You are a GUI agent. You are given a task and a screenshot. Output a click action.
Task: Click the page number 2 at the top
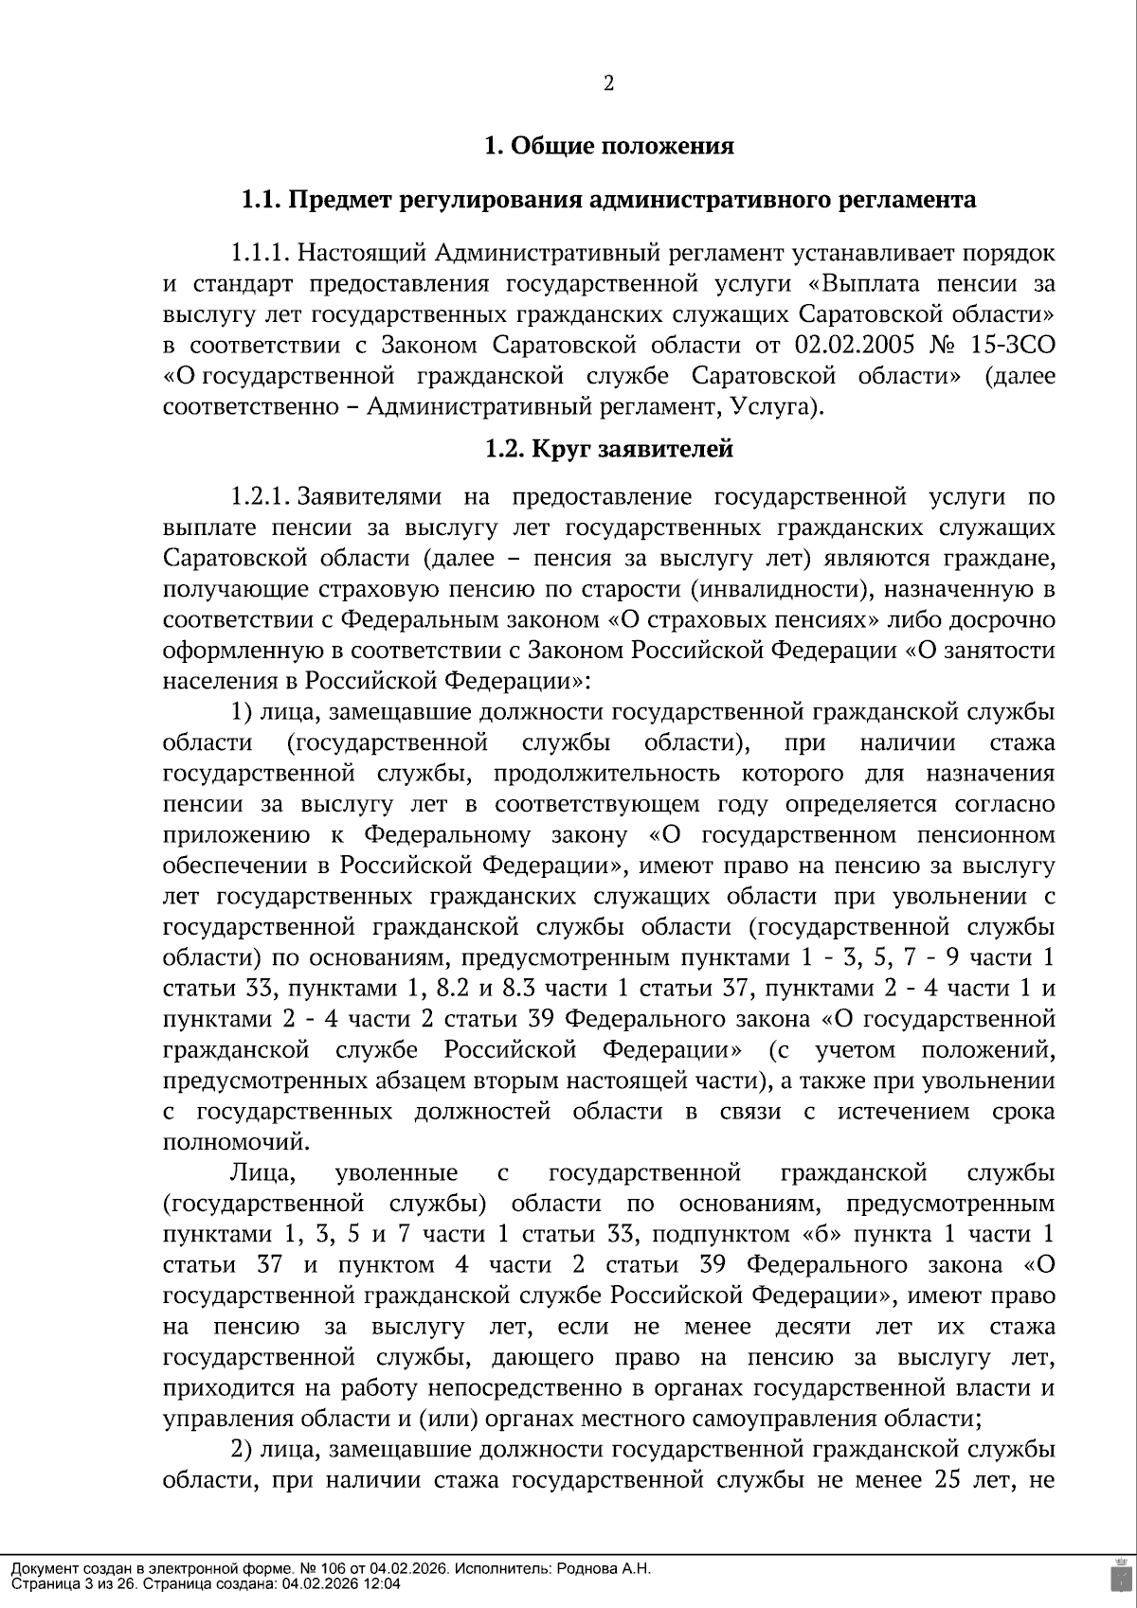pyautogui.click(x=608, y=84)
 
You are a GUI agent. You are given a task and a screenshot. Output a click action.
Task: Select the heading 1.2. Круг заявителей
pyautogui.click(x=608, y=449)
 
